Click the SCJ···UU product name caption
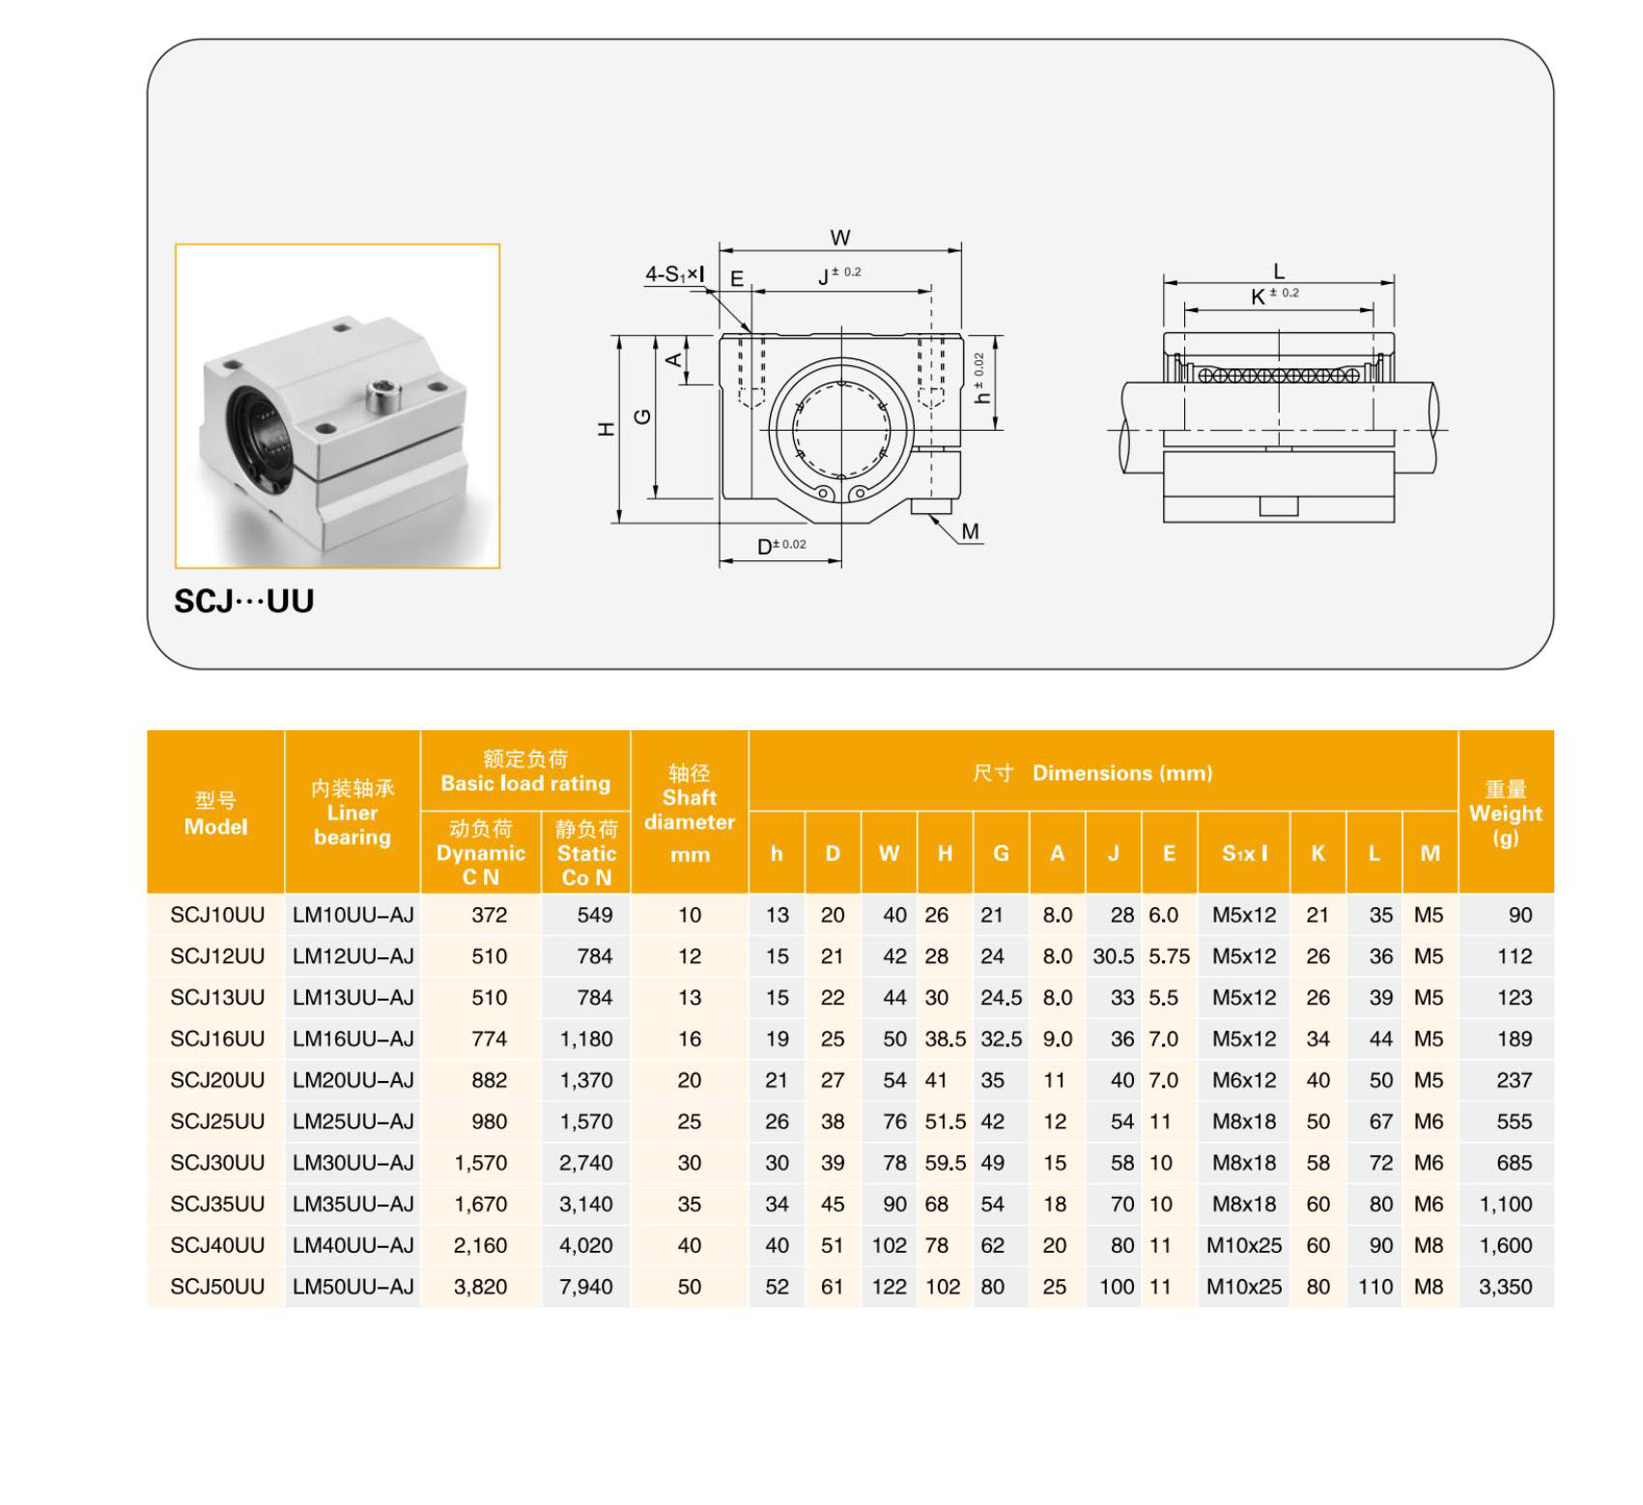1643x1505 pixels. [x=243, y=601]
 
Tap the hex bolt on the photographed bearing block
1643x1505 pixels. [x=383, y=394]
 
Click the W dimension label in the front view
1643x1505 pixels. [x=839, y=238]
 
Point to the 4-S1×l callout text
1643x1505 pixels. [x=674, y=274]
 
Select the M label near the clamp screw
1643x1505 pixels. [x=970, y=531]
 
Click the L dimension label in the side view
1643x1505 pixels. [x=1278, y=271]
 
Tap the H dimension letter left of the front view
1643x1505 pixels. [x=607, y=429]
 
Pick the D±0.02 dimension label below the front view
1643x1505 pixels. [x=780, y=546]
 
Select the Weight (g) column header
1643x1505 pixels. [x=1505, y=812]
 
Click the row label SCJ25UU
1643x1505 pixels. [x=217, y=1122]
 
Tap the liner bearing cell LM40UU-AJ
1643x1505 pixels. [x=353, y=1245]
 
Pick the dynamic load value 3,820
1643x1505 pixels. [x=480, y=1287]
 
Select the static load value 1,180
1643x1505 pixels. [x=585, y=1039]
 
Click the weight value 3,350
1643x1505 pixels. [x=1505, y=1287]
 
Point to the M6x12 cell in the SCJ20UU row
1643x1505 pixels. [x=1243, y=1080]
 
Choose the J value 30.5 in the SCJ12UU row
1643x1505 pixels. [x=1113, y=956]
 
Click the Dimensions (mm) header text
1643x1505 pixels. [x=1121, y=773]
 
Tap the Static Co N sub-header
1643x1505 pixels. [x=585, y=854]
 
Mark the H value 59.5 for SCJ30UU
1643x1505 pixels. [x=945, y=1163]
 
